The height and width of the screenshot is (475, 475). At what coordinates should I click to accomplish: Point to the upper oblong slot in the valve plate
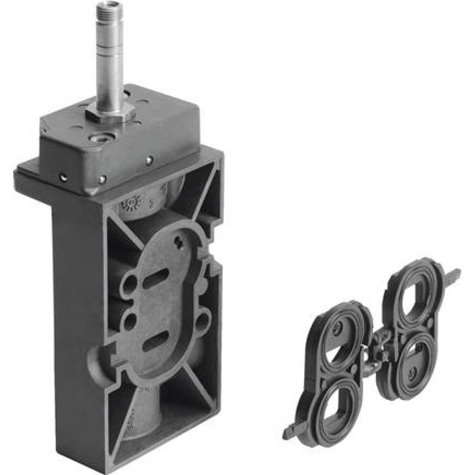pos(155,278)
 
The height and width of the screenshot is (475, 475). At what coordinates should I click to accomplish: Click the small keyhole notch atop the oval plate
pos(179,242)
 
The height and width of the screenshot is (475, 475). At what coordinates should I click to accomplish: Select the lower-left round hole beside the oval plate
pos(130,322)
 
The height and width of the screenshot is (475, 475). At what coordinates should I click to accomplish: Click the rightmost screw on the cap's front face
pos(149,161)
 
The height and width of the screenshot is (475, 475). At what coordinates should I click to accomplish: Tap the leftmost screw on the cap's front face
pos(62,177)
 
